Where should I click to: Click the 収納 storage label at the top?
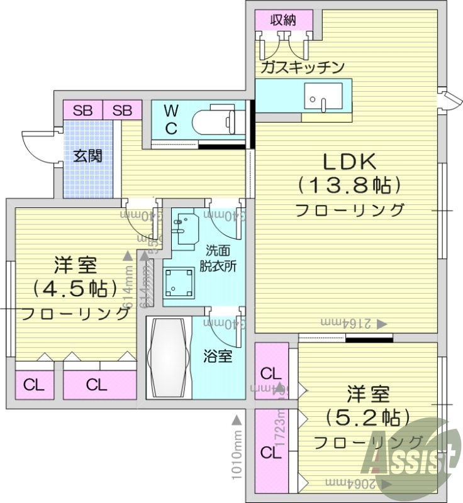pos(283,19)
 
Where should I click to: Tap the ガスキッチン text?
pos(303,67)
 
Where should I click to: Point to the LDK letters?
pos(350,162)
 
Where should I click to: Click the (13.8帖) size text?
pos(350,185)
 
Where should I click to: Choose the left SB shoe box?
pos(82,111)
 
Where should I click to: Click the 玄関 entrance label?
pos(87,155)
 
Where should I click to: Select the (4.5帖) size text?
pos(75,288)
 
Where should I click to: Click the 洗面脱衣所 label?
pos(218,257)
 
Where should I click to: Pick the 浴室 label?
pos(218,357)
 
